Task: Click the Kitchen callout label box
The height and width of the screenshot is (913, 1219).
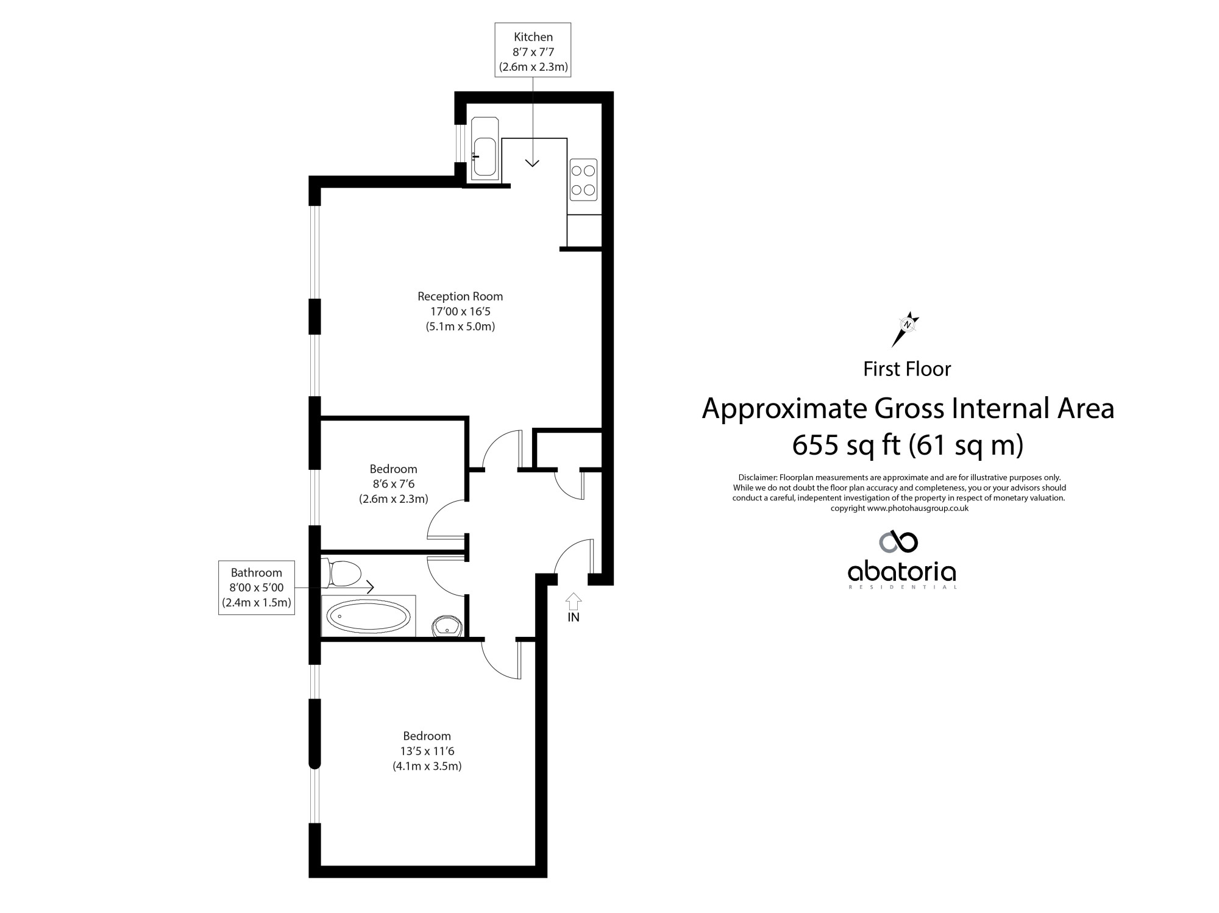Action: [x=533, y=50]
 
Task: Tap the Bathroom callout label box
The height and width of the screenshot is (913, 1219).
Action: [x=257, y=588]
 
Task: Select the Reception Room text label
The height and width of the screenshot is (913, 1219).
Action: [x=460, y=297]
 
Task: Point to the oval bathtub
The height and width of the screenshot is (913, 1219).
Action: [x=369, y=617]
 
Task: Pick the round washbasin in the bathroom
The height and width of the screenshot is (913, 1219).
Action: [x=447, y=625]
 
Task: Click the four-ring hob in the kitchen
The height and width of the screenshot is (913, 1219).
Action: [x=583, y=180]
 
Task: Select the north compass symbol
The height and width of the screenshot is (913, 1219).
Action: [x=906, y=329]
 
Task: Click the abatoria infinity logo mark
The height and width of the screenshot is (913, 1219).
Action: [x=898, y=541]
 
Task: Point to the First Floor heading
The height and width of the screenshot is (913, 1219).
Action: [x=907, y=369]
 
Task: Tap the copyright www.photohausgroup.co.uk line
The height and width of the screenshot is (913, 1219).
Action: [x=900, y=508]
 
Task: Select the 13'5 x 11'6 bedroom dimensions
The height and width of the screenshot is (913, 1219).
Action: [x=427, y=751]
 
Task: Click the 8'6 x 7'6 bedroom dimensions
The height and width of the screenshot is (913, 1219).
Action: [x=393, y=484]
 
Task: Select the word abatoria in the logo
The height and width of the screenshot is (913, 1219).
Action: [x=901, y=572]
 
